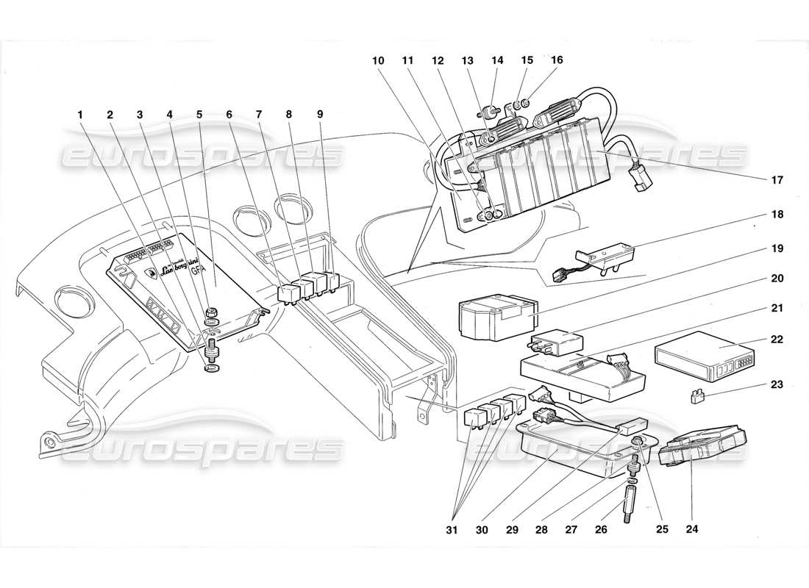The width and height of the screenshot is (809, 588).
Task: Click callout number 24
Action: [693, 528]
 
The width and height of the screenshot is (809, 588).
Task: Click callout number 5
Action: [199, 115]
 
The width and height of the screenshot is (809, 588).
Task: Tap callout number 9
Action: [319, 115]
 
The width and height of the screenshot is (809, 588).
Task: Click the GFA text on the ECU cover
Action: [199, 270]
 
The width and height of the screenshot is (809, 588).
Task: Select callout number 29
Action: [548, 528]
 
